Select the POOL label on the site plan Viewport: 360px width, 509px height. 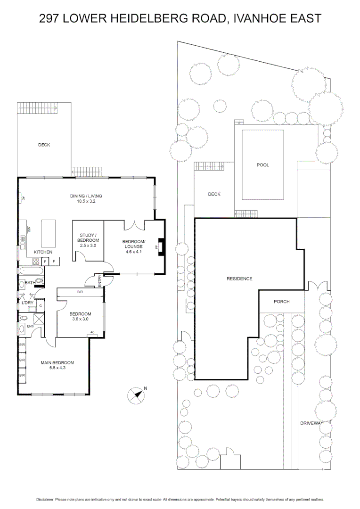point(262,165)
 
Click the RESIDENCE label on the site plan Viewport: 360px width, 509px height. point(239,279)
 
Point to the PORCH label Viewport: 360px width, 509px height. point(281,302)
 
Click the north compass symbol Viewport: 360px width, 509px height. point(136,394)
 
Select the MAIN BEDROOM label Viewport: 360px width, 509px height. point(57,362)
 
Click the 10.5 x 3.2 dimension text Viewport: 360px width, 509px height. point(85,201)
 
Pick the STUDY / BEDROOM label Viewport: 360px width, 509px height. point(88,238)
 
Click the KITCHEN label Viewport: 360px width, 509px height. point(43,252)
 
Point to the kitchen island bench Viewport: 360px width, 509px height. point(49,233)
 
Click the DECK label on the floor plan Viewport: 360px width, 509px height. point(44,145)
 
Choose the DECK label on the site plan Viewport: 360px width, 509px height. point(214,194)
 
